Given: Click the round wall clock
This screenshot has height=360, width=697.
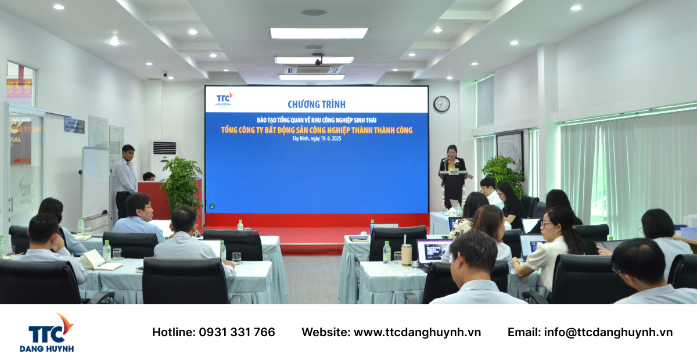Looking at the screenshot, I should (441, 104).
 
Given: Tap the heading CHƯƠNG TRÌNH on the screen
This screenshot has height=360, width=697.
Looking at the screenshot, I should (316, 105).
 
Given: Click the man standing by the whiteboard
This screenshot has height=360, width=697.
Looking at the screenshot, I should (125, 177).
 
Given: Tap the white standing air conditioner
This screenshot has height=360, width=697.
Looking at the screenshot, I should (162, 158).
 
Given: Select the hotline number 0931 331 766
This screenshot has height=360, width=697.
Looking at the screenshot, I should (237, 332).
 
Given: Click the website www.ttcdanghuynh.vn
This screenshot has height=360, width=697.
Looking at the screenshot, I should (417, 332).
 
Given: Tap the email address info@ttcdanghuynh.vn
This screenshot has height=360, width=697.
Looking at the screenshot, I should (608, 332).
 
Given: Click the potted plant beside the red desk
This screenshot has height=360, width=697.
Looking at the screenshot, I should (181, 186).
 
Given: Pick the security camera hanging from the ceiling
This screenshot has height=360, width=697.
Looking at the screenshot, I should (318, 59).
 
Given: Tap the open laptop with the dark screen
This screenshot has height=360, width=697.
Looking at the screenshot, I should (433, 251).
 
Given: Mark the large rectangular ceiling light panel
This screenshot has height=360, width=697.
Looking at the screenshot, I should (319, 33).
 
